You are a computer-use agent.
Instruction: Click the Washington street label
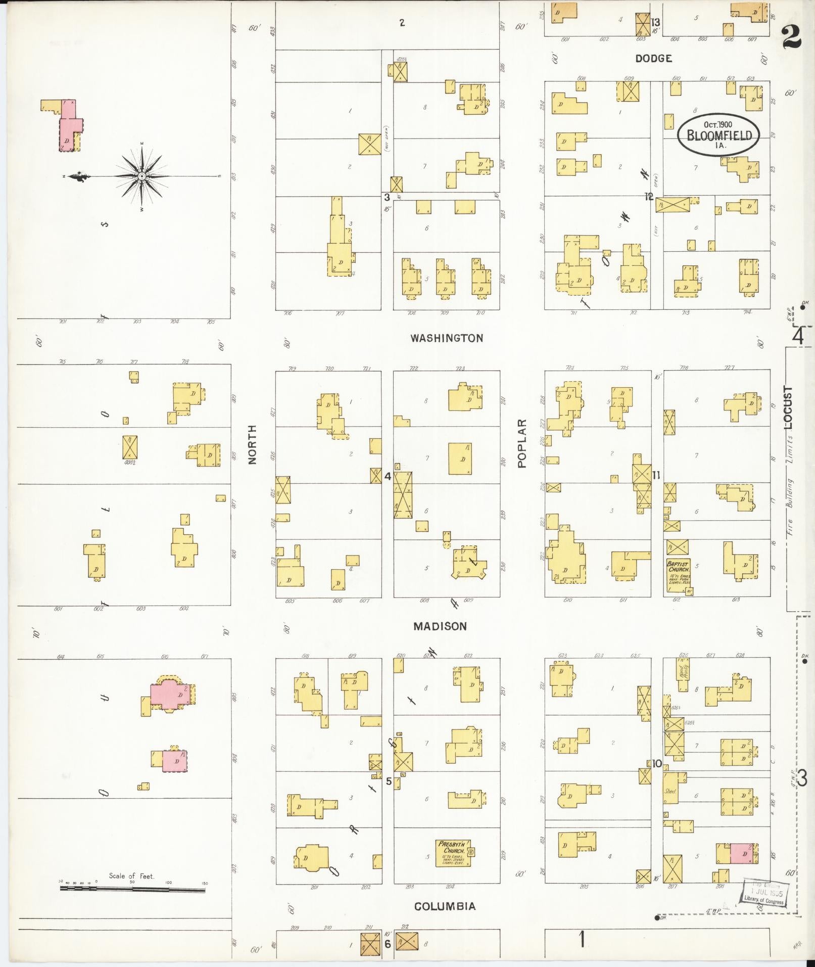coord(446,338)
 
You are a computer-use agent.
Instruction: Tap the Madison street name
coord(440,626)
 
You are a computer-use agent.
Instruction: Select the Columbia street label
coord(445,906)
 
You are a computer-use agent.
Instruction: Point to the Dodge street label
coord(653,59)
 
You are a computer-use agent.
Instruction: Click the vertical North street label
coord(252,444)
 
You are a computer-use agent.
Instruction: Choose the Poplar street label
coord(522,443)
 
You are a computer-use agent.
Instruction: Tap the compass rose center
coord(142,176)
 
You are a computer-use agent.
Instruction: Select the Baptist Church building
coord(678,577)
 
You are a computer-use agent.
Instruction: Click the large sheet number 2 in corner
coord(792,37)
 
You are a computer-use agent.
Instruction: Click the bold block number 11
coord(656,475)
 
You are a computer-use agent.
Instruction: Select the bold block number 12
coord(649,197)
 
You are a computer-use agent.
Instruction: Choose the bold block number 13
coord(655,22)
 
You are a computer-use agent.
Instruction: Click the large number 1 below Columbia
coord(582,939)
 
